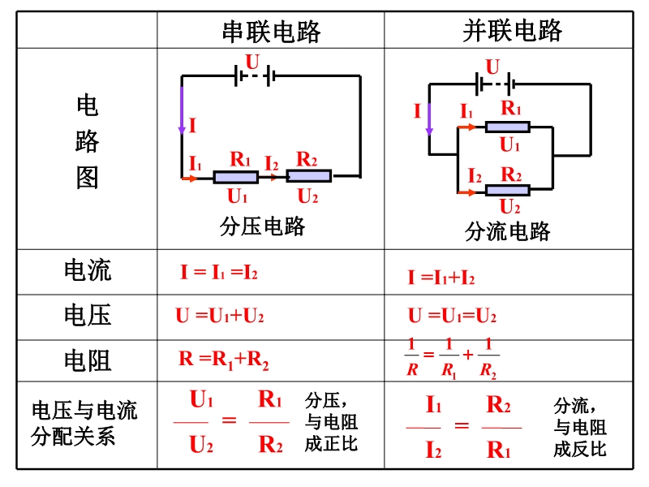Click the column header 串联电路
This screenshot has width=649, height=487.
(271, 32)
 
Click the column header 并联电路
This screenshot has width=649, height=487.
(513, 31)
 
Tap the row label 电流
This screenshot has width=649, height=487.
(88, 270)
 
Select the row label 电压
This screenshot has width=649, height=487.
(88, 315)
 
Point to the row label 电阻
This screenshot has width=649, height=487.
(88, 360)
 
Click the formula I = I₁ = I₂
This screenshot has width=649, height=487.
(219, 273)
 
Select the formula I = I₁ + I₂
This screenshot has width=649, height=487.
(441, 278)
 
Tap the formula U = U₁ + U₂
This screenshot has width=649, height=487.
(220, 316)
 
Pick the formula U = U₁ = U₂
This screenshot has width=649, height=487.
(452, 316)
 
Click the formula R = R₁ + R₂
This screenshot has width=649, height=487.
(224, 360)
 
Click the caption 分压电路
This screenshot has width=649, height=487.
(262, 226)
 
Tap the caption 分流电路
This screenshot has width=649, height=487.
(508, 231)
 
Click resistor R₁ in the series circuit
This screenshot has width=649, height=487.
(236, 177)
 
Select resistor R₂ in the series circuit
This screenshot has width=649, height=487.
(309, 176)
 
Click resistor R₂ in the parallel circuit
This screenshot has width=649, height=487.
(508, 190)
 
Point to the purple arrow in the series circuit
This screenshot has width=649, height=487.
(181, 110)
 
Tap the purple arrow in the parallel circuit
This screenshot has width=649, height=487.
(429, 119)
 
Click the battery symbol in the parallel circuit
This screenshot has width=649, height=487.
(496, 84)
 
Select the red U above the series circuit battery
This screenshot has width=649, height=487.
(252, 62)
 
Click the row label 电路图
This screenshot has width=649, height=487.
(88, 141)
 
